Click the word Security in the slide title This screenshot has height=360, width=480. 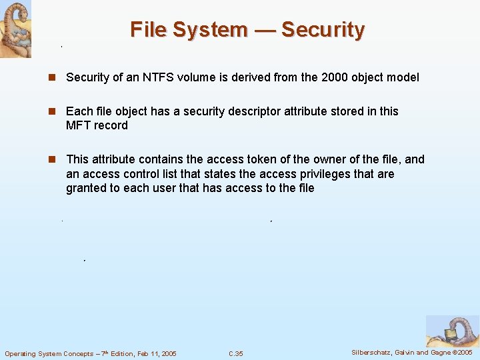pos(323,30)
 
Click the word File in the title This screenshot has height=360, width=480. pos(150,30)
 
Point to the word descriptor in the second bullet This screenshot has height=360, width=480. pos(235,111)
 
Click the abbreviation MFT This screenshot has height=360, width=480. pos(77,125)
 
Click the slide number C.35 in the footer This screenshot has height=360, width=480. pos(235,353)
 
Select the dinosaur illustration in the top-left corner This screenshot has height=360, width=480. pos(15,29)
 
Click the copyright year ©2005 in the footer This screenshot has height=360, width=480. pos(462,353)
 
